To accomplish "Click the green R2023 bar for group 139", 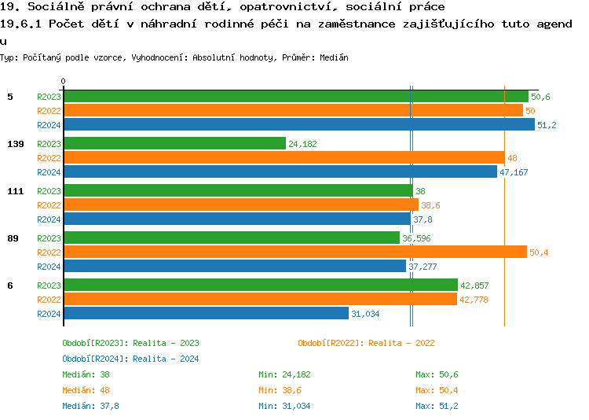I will pyautogui.click(x=174, y=144).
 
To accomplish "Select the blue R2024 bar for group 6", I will pyautogui.click(x=206, y=314).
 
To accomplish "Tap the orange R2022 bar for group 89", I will pyautogui.click(x=294, y=252).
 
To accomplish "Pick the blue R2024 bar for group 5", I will pyautogui.click(x=298, y=125).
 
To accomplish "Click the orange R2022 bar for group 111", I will pyautogui.click(x=240, y=205).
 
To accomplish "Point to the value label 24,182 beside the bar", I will pyautogui.click(x=303, y=144).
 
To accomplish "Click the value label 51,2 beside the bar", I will pyautogui.click(x=547, y=125).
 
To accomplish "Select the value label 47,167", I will pyautogui.click(x=514, y=172).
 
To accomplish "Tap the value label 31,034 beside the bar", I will pyautogui.click(x=365, y=314).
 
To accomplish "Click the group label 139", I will pyautogui.click(x=15, y=144).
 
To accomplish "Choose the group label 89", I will pyautogui.click(x=13, y=238).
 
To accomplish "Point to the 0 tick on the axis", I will pyautogui.click(x=64, y=81).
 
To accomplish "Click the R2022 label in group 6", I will pyautogui.click(x=49, y=300).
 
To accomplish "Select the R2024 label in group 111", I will pyautogui.click(x=49, y=219).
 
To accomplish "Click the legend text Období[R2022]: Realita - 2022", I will pyautogui.click(x=366, y=343).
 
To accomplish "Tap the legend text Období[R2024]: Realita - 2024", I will pyautogui.click(x=130, y=359).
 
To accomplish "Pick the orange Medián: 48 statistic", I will pyautogui.click(x=86, y=390).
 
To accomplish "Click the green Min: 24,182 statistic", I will pyautogui.click(x=285, y=374).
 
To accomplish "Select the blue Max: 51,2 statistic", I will pyautogui.click(x=437, y=406).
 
